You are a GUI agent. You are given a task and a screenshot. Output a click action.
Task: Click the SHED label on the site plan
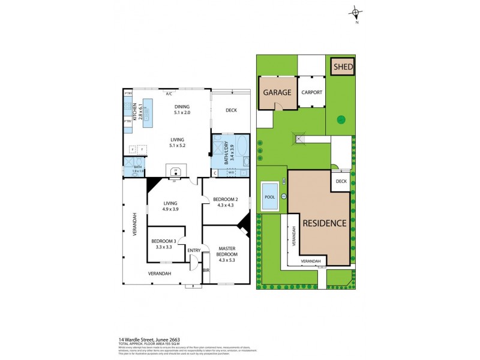point(343,67)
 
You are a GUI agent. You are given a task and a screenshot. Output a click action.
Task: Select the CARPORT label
point(311,92)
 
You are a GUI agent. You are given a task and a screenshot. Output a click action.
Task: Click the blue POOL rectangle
point(268,197)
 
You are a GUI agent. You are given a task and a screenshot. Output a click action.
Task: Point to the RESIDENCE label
point(324,223)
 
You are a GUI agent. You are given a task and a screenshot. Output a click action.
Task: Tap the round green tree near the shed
point(341,119)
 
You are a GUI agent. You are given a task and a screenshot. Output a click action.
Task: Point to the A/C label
point(169,94)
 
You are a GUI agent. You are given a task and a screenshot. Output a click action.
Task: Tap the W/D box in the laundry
point(231,173)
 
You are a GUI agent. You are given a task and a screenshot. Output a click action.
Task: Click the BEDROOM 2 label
point(226,202)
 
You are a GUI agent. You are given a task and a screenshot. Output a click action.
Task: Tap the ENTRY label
point(193,251)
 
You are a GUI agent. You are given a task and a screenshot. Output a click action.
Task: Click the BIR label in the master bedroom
point(206,271)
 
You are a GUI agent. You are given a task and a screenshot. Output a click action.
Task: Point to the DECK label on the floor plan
point(231,110)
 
